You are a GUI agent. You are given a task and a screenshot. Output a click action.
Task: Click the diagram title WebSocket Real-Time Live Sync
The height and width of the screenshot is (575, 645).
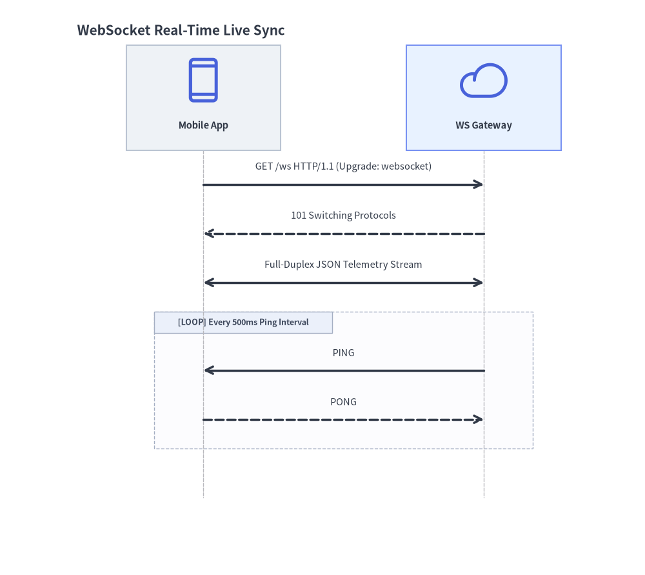(181, 30)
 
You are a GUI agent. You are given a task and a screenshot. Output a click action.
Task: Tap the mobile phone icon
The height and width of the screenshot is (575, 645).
(203, 80)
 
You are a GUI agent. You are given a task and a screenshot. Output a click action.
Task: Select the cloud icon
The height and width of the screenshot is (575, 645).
(484, 81)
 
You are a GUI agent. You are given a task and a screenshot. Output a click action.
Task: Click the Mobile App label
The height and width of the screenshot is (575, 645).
(203, 125)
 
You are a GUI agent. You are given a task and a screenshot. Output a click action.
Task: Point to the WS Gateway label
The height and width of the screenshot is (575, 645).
(484, 125)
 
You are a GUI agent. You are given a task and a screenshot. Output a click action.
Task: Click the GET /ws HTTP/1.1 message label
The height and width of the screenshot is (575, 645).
(344, 166)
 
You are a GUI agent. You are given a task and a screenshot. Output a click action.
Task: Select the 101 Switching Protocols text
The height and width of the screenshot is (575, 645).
(344, 216)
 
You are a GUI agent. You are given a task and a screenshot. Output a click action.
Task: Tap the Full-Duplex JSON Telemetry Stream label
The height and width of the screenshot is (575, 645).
(344, 264)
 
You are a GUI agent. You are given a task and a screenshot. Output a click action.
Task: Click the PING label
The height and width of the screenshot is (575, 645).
(344, 353)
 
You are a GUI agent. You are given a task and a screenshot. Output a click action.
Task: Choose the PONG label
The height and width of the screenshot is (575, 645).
(344, 401)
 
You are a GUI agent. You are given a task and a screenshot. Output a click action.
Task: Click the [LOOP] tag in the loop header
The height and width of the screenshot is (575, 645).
(192, 322)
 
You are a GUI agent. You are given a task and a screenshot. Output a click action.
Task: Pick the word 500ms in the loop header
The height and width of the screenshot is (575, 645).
(244, 322)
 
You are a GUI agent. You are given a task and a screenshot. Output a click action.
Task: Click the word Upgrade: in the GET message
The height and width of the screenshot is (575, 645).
(358, 166)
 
